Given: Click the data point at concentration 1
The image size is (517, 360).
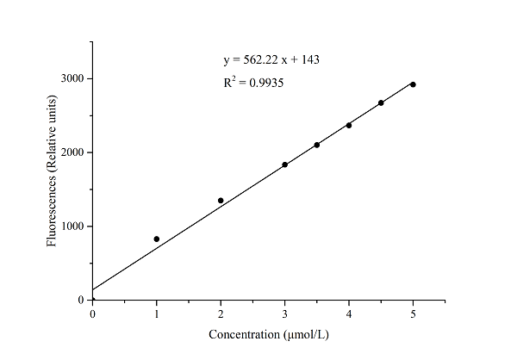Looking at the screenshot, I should (x=157, y=239).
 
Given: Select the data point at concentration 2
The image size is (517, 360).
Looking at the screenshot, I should (x=221, y=201).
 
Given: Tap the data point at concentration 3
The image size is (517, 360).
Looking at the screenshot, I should (x=284, y=164).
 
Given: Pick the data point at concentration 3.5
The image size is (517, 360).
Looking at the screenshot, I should (x=317, y=145).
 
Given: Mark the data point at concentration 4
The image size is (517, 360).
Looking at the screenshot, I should (x=349, y=126).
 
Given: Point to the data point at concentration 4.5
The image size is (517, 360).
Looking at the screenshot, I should (x=381, y=102).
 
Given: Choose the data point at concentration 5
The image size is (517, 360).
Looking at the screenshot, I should (x=413, y=84).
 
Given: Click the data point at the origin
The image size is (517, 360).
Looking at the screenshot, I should (x=93, y=300).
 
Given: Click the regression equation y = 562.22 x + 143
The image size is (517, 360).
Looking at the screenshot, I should (x=272, y=60).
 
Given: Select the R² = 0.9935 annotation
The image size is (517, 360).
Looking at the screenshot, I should (x=254, y=83).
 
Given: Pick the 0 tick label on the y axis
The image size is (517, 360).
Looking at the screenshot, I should (x=80, y=301).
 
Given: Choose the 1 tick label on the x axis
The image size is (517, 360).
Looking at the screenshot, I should (x=157, y=315).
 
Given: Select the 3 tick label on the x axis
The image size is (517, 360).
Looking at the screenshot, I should (x=284, y=315).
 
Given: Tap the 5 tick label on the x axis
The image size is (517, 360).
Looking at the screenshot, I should (x=413, y=315).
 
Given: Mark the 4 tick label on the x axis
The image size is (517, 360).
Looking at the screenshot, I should (x=349, y=315).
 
